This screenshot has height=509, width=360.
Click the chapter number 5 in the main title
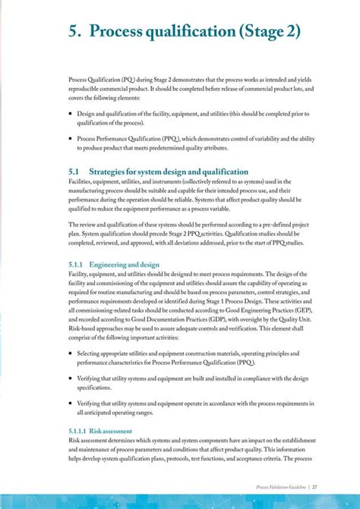coord(73,31)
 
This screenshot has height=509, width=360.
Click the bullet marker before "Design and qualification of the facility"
coord(70,112)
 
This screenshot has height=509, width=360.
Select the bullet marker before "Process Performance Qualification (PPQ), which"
coord(70,139)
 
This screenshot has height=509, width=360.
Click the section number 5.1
coord(74,172)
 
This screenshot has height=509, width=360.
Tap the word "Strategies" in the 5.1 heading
coord(112,172)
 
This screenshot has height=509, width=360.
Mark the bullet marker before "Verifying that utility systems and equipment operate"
coord(70,403)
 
